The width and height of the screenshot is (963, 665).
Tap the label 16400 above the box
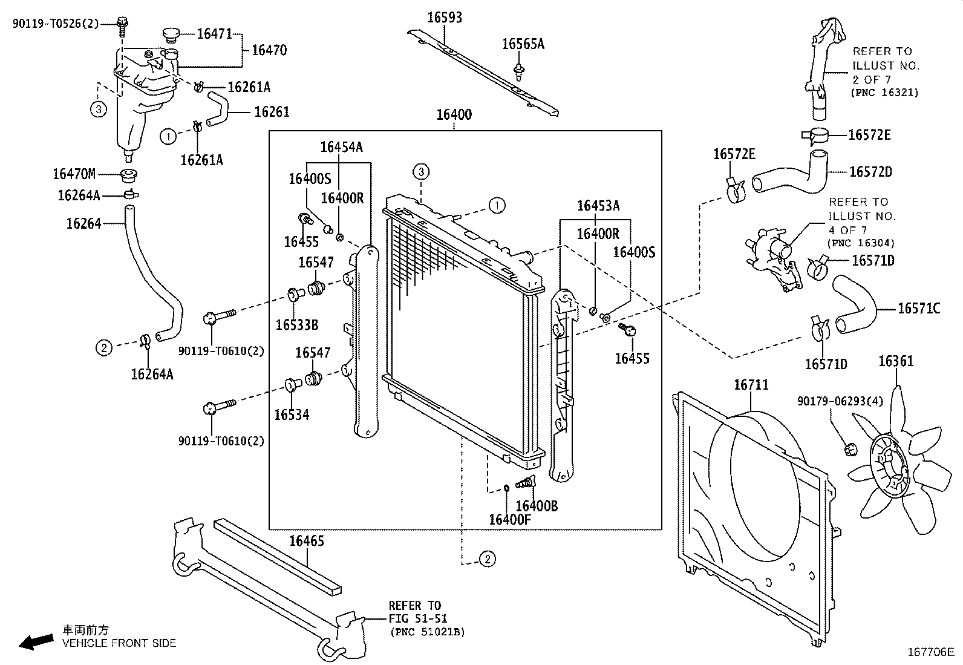(x=454, y=114)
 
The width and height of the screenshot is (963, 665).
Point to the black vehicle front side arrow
(x=35, y=641)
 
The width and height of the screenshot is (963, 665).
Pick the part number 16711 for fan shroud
(x=751, y=385)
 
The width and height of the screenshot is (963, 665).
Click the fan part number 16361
(x=895, y=362)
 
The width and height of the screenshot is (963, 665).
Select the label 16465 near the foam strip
(x=306, y=541)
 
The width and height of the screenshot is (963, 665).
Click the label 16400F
(x=509, y=520)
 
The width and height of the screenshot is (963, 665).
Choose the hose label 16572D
(x=870, y=172)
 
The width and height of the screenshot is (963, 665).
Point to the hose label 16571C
(x=918, y=309)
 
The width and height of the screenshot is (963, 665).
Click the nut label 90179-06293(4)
(x=832, y=401)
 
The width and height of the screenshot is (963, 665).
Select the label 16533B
(x=296, y=325)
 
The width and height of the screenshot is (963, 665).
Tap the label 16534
(x=292, y=414)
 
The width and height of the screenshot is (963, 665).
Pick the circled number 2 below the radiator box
(x=487, y=559)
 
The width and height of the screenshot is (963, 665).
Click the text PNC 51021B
(x=427, y=632)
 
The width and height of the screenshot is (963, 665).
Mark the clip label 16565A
(x=523, y=44)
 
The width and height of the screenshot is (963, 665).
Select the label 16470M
(x=74, y=175)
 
